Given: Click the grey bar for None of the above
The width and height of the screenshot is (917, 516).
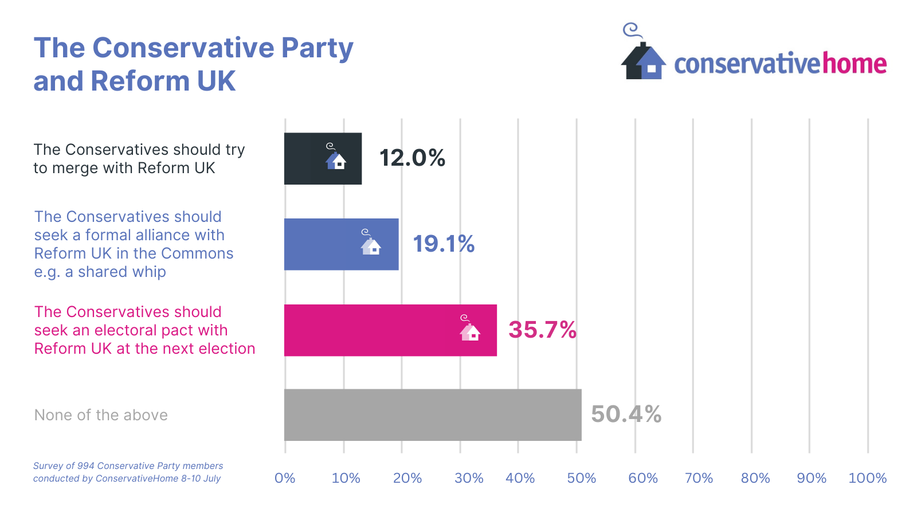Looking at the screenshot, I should (x=433, y=415).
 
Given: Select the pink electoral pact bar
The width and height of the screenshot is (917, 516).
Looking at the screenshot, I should (x=390, y=330).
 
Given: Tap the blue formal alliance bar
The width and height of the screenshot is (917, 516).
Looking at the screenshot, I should (x=341, y=244).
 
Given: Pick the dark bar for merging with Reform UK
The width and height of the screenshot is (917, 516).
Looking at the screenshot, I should (x=323, y=159).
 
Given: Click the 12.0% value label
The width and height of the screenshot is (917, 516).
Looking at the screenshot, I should (x=412, y=158).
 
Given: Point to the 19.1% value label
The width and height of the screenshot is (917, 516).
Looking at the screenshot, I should (x=444, y=244).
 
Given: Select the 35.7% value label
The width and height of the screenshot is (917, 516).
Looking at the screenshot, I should (x=542, y=330).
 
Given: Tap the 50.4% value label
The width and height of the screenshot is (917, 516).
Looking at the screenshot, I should (x=626, y=415).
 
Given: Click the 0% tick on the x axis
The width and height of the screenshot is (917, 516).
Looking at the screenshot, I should (x=285, y=478).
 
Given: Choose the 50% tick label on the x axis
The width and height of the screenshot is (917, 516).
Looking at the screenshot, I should (x=581, y=478).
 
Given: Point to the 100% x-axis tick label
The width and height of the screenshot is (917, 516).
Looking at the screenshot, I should (x=867, y=478).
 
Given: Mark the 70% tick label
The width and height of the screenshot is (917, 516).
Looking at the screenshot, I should (x=699, y=478).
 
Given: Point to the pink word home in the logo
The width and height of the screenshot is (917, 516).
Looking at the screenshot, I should (x=855, y=64).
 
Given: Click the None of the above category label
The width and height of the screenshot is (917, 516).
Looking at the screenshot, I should (x=101, y=415).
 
